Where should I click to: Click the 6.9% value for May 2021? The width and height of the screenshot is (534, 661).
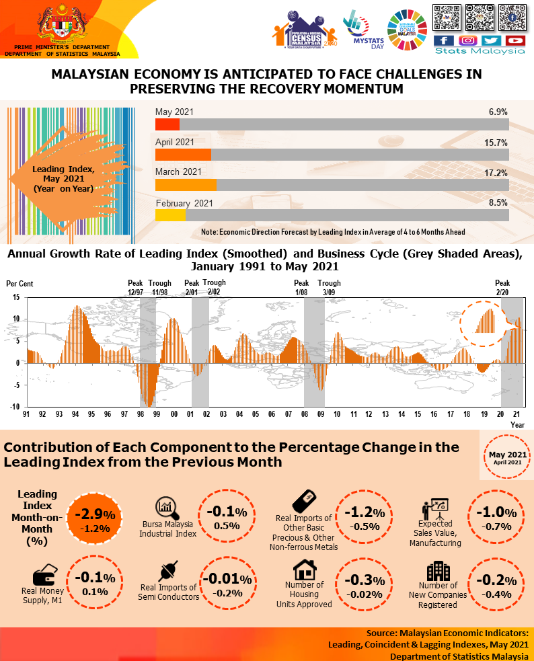pyautogui.click(x=498, y=112)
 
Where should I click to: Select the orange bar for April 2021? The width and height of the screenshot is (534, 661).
pyautogui.click(x=183, y=155)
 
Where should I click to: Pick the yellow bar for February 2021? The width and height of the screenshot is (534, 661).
pyautogui.click(x=170, y=215)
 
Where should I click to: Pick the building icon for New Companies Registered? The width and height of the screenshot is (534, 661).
pyautogui.click(x=438, y=571)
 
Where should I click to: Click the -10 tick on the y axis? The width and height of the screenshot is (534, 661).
pyautogui.click(x=15, y=407)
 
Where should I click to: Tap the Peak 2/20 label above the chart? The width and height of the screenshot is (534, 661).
pyautogui.click(x=502, y=288)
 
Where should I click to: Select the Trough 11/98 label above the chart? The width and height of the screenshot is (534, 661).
pyautogui.click(x=160, y=288)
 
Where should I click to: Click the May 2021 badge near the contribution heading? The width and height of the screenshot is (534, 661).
pyautogui.click(x=508, y=457)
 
